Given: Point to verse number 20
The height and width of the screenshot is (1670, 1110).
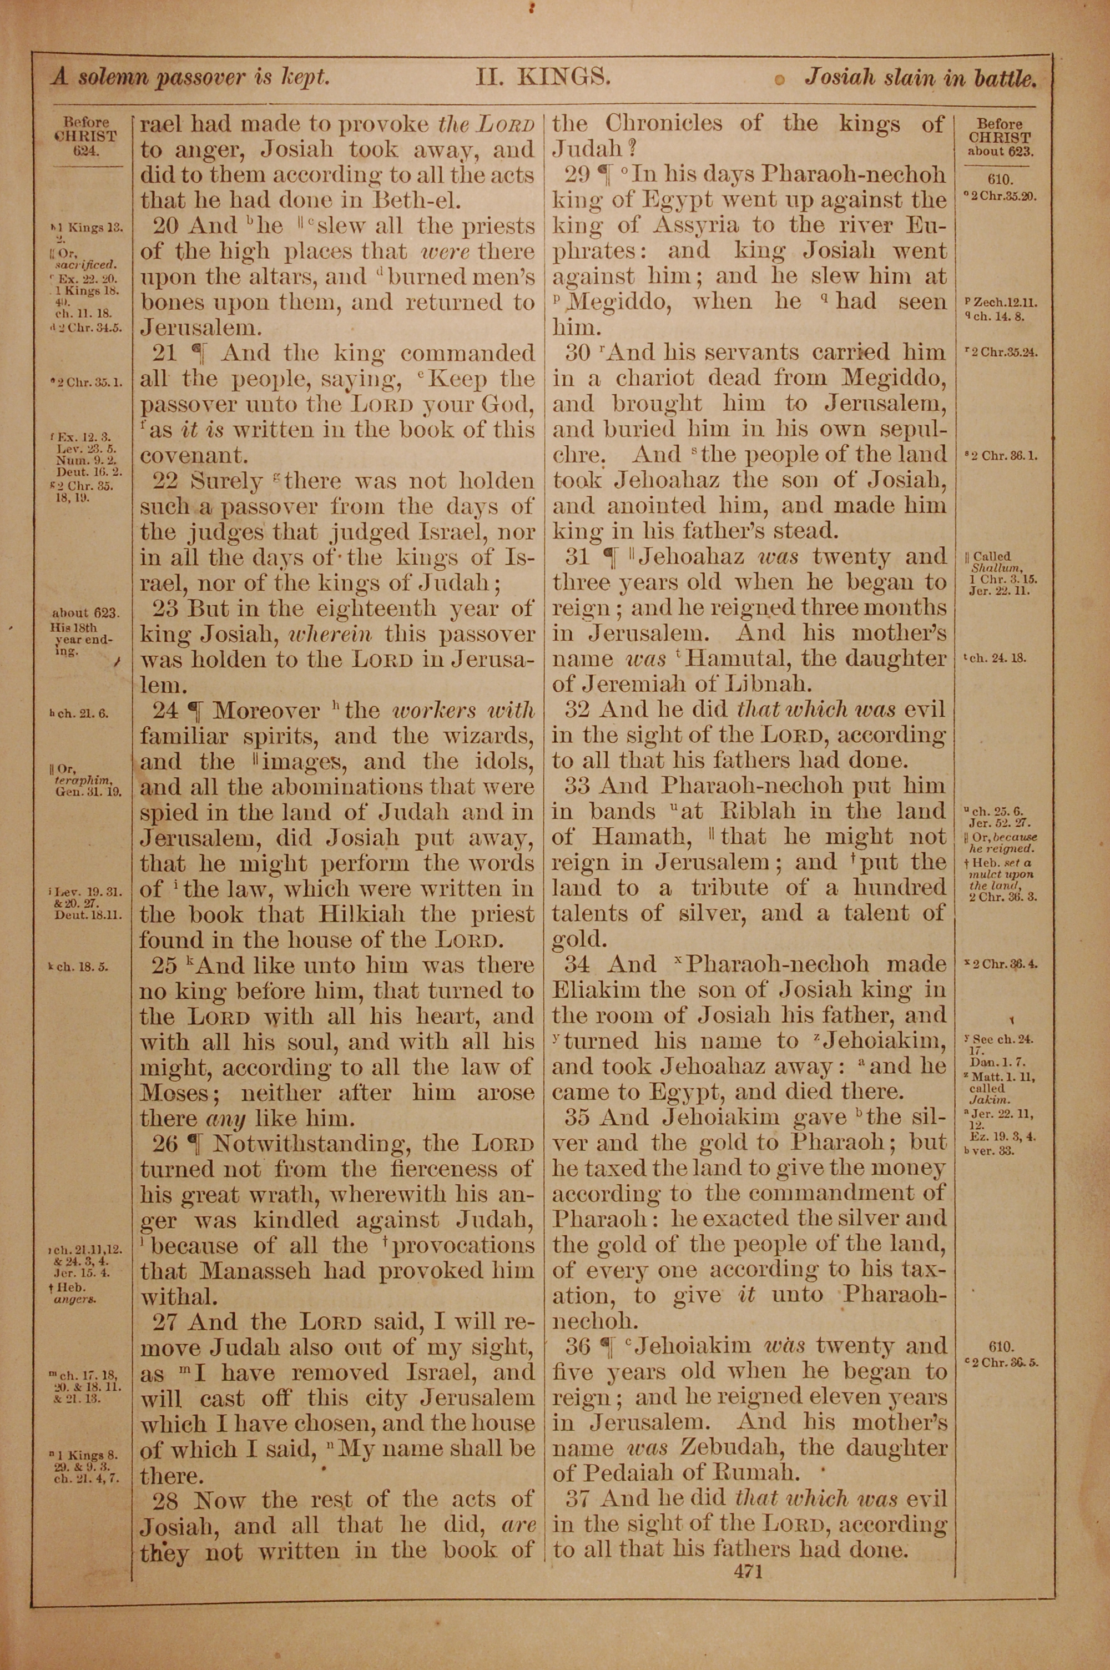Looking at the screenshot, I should coord(165,226).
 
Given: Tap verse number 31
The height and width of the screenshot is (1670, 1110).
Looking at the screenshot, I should coord(578,556).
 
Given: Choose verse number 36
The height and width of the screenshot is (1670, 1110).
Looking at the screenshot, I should coord(578,1346).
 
